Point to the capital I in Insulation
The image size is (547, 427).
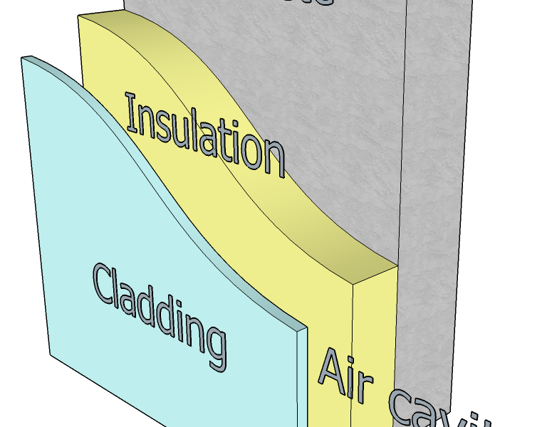[x=131, y=111]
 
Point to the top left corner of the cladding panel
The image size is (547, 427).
[x=22, y=58]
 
